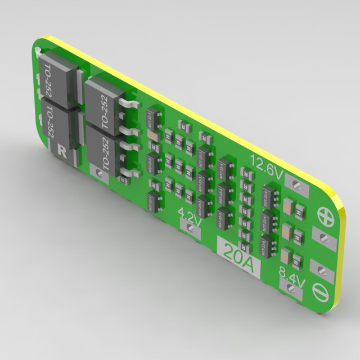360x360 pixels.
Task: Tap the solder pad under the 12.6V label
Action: [296, 182]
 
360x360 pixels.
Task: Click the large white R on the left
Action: [62, 149]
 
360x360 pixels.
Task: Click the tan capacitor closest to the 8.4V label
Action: [295, 259]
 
